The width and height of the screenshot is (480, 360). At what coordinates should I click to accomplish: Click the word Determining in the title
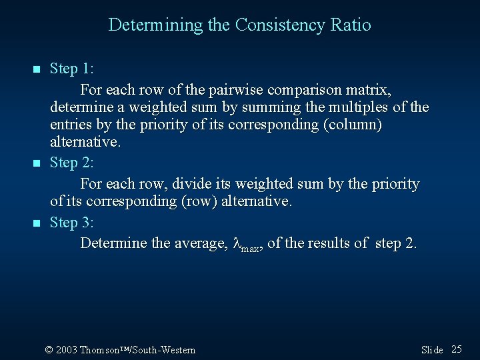click(x=145, y=25)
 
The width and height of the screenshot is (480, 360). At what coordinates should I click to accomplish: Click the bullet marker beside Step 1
click(x=37, y=69)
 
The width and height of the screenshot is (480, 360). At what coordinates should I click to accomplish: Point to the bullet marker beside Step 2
click(x=37, y=163)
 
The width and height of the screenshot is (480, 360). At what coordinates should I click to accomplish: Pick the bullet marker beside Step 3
click(x=37, y=223)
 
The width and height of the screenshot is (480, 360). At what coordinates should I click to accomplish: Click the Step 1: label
click(x=71, y=69)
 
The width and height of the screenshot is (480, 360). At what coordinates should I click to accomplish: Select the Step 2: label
click(x=71, y=163)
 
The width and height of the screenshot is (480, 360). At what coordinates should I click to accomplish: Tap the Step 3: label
click(x=71, y=223)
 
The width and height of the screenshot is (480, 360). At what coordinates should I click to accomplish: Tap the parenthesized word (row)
click(x=202, y=201)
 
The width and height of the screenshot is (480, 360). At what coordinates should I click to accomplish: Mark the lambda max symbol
click(x=245, y=245)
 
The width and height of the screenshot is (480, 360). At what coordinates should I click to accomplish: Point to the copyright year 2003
click(x=67, y=350)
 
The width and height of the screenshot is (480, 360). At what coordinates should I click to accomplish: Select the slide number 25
click(x=457, y=349)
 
